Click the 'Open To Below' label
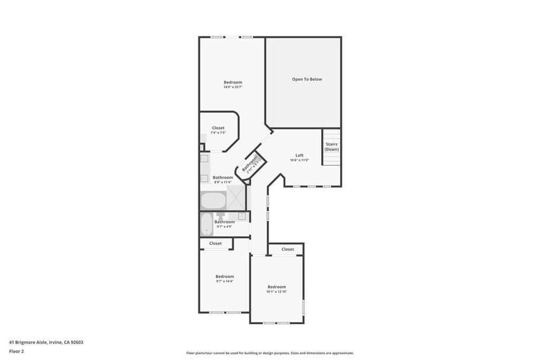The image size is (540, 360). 307,79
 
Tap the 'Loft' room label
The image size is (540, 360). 300,155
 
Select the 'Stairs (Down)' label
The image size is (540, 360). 332,147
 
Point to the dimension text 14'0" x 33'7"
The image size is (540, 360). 233,87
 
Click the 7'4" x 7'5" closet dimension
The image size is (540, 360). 218,132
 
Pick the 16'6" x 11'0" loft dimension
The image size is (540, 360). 300,160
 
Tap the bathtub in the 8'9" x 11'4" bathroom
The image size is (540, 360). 213,201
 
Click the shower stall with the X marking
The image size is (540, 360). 236,198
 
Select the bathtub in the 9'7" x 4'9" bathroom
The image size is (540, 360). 207,225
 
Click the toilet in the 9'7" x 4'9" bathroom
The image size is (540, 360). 220,216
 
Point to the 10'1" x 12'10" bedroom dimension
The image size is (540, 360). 276,291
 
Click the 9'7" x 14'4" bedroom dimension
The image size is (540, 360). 225,281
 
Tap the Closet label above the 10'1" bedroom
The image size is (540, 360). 287,249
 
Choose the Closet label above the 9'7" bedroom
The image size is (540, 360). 216,244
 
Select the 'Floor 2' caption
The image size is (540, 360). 16,352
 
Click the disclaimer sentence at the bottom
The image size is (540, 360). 270,353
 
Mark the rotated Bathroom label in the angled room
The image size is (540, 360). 249,164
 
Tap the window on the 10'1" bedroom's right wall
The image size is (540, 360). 303,307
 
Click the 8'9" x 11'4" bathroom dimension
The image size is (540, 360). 223,182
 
